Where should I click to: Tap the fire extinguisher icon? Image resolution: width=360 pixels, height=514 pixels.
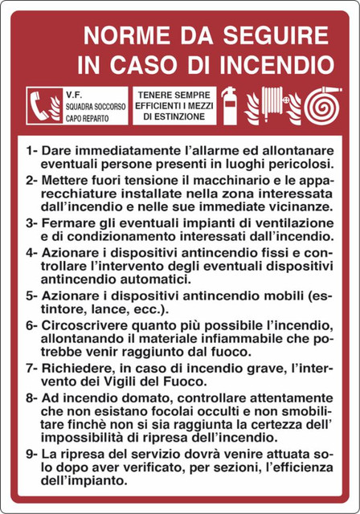coord(228,104)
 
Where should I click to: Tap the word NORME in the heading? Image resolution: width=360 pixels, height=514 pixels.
coord(125,35)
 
